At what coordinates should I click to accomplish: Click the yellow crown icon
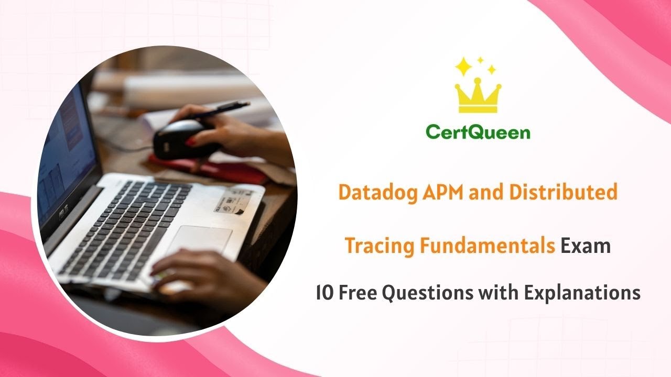point(478,97)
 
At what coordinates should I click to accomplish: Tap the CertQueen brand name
point(478,132)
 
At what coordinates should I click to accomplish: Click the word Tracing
point(378,246)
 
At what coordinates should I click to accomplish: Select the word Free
point(358,293)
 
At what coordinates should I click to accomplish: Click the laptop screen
point(66,157)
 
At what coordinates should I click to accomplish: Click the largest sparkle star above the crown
point(463,67)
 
